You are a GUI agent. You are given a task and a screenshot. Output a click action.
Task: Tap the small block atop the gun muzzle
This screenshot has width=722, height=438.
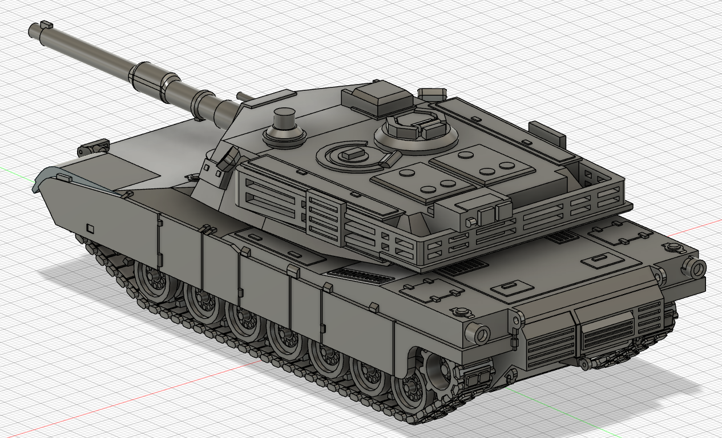click(46, 25)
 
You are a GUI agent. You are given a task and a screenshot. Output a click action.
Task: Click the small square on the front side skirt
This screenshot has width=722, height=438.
click(90, 228)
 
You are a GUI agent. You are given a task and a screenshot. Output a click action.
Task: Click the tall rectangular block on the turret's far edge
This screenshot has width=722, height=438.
click(547, 132)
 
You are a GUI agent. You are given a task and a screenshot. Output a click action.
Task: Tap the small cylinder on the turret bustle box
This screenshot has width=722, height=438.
click(471, 222)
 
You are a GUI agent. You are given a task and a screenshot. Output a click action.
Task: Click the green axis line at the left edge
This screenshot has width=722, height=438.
click(9, 170)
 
